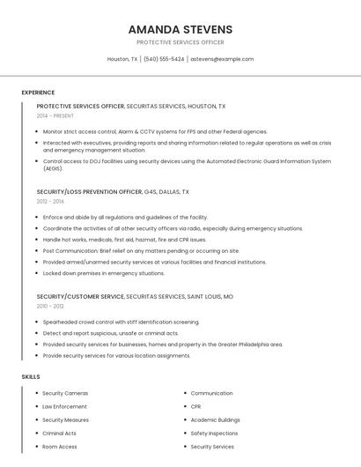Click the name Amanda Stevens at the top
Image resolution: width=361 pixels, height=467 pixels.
tap(180, 29)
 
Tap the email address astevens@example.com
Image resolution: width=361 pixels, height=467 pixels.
tap(222, 59)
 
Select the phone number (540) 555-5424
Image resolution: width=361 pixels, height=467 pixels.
tap(164, 59)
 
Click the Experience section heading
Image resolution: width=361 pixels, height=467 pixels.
tap(38, 93)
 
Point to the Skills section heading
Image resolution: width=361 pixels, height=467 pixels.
tap(31, 376)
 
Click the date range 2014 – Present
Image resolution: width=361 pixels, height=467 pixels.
tap(55, 115)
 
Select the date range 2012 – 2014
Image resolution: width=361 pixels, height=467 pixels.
tap(50, 201)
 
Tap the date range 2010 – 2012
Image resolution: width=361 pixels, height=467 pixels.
tap(50, 306)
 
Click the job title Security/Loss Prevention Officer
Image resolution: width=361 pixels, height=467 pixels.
tap(89, 191)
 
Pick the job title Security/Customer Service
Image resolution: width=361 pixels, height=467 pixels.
tap(80, 297)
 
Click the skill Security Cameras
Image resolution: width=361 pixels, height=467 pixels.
tap(65, 393)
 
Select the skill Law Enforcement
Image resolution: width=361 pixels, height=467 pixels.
tap(64, 406)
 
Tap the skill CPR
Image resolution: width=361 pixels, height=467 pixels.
tap(195, 406)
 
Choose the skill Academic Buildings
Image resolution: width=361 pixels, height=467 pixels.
tap(215, 419)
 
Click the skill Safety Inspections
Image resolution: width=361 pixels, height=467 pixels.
tap(214, 434)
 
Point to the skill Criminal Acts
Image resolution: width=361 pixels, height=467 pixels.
tap(59, 434)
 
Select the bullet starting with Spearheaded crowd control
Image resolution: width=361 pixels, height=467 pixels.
tap(121, 322)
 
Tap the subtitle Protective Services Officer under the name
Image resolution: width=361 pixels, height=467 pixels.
tap(180, 42)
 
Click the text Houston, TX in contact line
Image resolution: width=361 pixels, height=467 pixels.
tap(122, 59)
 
